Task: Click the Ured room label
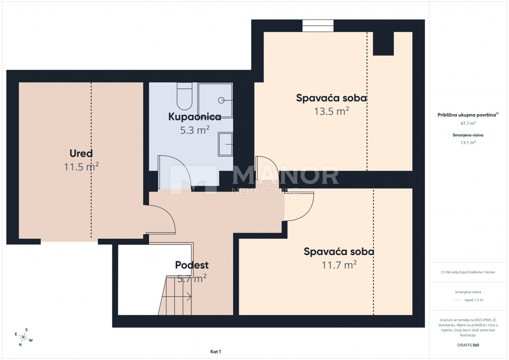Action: pyautogui.click(x=81, y=153)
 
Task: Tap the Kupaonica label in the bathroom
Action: pyautogui.click(x=195, y=117)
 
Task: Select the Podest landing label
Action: pyautogui.click(x=192, y=265)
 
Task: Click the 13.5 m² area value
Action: pyautogui.click(x=331, y=111)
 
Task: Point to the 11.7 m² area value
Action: pyautogui.click(x=339, y=265)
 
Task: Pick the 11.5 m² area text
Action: pyautogui.click(x=81, y=167)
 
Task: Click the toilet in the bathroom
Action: pyautogui.click(x=185, y=96)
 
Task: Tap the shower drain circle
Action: pyautogui.click(x=221, y=100)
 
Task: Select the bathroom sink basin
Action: pyautogui.click(x=225, y=145)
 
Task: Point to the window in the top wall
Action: pyautogui.click(x=318, y=26)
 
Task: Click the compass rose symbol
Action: pyautogui.click(x=23, y=337)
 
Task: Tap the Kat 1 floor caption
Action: pyautogui.click(x=215, y=352)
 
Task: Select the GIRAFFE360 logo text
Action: pyautogui.click(x=468, y=345)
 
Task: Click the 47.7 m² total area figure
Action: pyautogui.click(x=468, y=123)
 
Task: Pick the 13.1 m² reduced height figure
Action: pyautogui.click(x=468, y=142)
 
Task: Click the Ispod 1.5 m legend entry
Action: pyautogui.click(x=474, y=300)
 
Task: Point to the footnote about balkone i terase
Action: pyautogui.click(x=468, y=272)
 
